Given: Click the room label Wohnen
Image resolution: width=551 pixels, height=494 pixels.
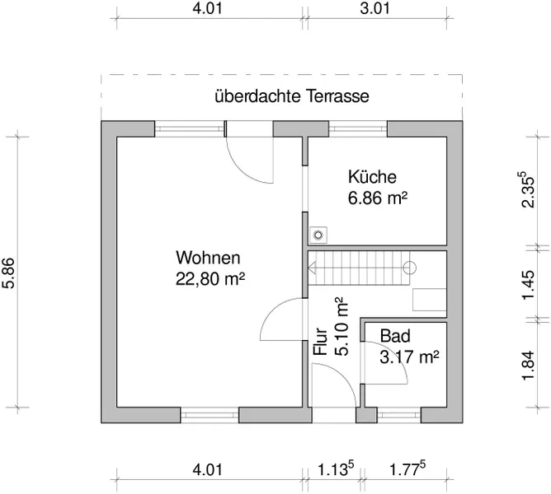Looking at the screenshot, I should pyautogui.click(x=207, y=256).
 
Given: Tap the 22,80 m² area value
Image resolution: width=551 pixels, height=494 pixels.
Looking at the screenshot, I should pyautogui.click(x=210, y=277).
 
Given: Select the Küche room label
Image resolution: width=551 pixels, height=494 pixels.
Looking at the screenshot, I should pyautogui.click(x=372, y=176).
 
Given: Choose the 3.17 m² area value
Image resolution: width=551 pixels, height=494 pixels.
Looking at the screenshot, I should pyautogui.click(x=408, y=357).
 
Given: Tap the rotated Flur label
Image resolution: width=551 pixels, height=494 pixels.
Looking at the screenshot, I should pyautogui.click(x=321, y=342).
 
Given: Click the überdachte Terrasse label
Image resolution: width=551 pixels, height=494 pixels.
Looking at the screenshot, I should pyautogui.click(x=291, y=96).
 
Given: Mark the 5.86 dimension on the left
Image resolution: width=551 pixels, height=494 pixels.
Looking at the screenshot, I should pyautogui.click(x=9, y=273).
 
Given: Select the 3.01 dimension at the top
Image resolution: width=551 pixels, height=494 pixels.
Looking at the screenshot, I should pyautogui.click(x=375, y=9).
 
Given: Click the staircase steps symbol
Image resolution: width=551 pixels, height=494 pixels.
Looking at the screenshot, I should pyautogui.click(x=359, y=268).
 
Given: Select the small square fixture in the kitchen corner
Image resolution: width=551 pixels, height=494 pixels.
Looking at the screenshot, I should pyautogui.click(x=318, y=234).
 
